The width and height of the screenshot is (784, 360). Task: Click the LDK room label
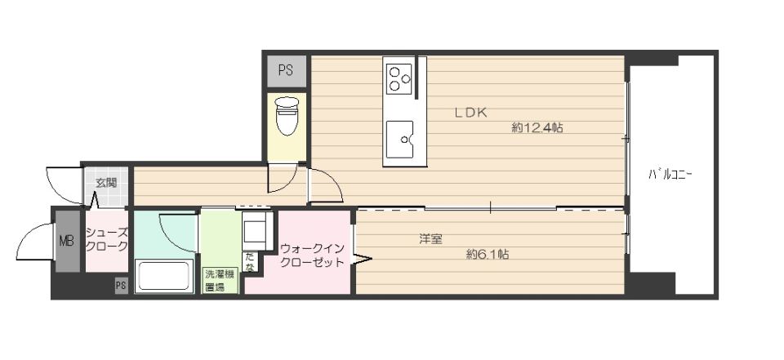click(x=471, y=113)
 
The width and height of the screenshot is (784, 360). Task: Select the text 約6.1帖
click(x=488, y=254)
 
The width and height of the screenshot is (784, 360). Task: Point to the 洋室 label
click(x=430, y=239)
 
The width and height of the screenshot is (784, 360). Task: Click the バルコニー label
click(x=670, y=174)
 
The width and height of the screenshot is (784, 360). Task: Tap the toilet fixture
click(x=287, y=117)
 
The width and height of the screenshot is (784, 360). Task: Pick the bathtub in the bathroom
click(x=164, y=275)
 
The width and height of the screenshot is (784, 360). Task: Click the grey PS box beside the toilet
click(x=285, y=70)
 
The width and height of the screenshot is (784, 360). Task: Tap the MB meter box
click(x=66, y=241)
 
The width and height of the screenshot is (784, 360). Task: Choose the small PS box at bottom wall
click(x=120, y=285)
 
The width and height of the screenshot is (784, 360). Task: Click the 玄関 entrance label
click(x=106, y=183)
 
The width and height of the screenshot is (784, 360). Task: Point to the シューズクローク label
click(x=107, y=239)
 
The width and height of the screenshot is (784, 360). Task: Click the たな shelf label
click(x=249, y=263)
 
